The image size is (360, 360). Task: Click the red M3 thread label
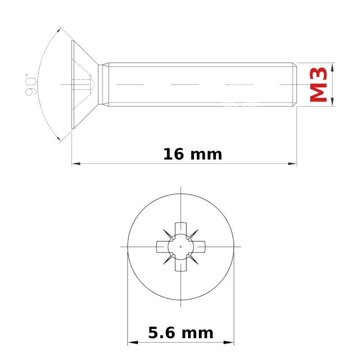[318, 85]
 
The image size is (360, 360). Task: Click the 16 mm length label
[193, 154]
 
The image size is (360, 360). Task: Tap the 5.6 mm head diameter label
[181, 333]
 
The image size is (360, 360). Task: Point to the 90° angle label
[31, 85]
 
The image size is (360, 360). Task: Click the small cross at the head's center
[181, 247]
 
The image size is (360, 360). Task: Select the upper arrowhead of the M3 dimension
[332, 67]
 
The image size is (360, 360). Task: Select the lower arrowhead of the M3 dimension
[332, 102]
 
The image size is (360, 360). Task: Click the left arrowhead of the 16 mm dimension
[76, 164]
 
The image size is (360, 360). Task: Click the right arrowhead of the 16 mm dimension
[292, 164]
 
